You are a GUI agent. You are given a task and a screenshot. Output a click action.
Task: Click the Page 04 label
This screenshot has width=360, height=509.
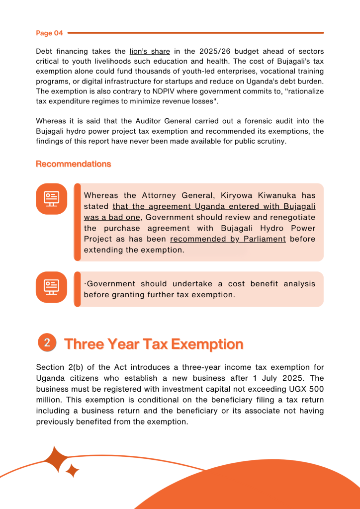[49, 33]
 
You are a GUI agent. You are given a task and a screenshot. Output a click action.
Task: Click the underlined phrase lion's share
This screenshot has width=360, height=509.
[149, 51]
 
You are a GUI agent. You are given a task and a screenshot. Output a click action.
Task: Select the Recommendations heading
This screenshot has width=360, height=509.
[73, 164]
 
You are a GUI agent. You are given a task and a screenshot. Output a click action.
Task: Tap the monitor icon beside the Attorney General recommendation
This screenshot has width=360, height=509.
[51, 199]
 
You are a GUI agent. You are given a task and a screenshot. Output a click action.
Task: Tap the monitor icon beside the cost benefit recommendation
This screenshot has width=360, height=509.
[51, 287]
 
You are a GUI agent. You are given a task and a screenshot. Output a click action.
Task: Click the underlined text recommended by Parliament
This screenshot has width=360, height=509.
[228, 239]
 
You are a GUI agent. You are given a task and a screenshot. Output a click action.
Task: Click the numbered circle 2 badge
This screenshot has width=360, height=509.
[47, 342]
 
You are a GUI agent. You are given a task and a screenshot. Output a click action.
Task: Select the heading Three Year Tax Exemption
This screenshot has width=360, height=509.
[154, 344]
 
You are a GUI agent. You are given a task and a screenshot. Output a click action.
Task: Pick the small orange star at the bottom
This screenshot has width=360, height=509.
[73, 470]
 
